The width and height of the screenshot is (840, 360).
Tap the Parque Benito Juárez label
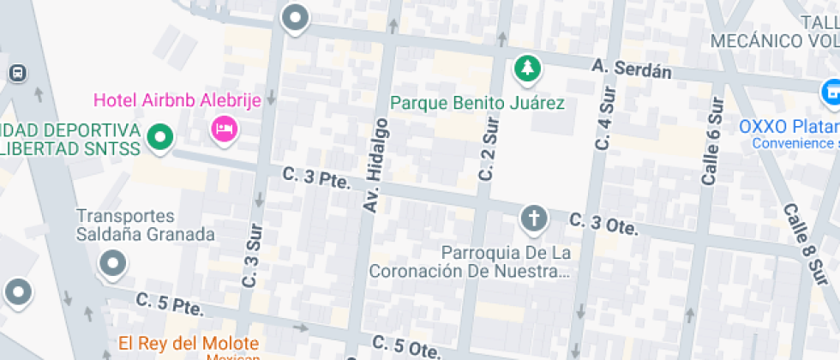477,104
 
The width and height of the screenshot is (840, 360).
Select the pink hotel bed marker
225,129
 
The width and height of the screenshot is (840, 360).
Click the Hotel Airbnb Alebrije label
177,100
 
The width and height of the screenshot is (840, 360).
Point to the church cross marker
535,219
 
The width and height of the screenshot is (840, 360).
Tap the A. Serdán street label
632,69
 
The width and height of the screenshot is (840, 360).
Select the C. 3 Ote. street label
604,225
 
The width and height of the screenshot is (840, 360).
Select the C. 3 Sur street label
250,255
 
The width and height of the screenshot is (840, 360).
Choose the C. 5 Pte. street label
168,303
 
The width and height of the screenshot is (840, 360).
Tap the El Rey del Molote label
189,344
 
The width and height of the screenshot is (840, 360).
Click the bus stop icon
17,73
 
